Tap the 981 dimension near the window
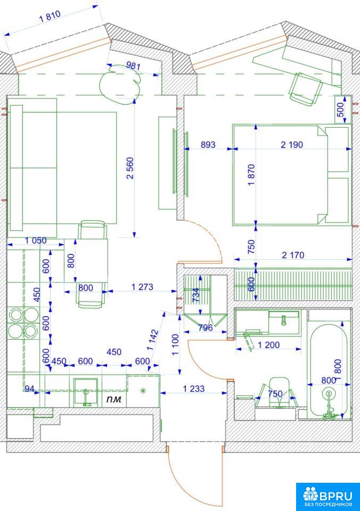(x=133, y=66)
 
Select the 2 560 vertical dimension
(x=130, y=168)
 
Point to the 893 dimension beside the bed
(x=208, y=144)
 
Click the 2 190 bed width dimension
(x=292, y=144)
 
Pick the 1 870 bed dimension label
(x=251, y=175)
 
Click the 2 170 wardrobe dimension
(x=293, y=255)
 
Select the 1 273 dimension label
(x=142, y=287)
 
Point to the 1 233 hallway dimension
(x=194, y=389)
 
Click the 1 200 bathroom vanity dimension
(x=269, y=345)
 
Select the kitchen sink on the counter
(x=85, y=392)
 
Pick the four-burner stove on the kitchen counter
(x=23, y=323)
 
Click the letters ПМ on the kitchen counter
(x=114, y=399)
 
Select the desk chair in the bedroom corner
(x=306, y=89)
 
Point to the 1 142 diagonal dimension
(x=153, y=340)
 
